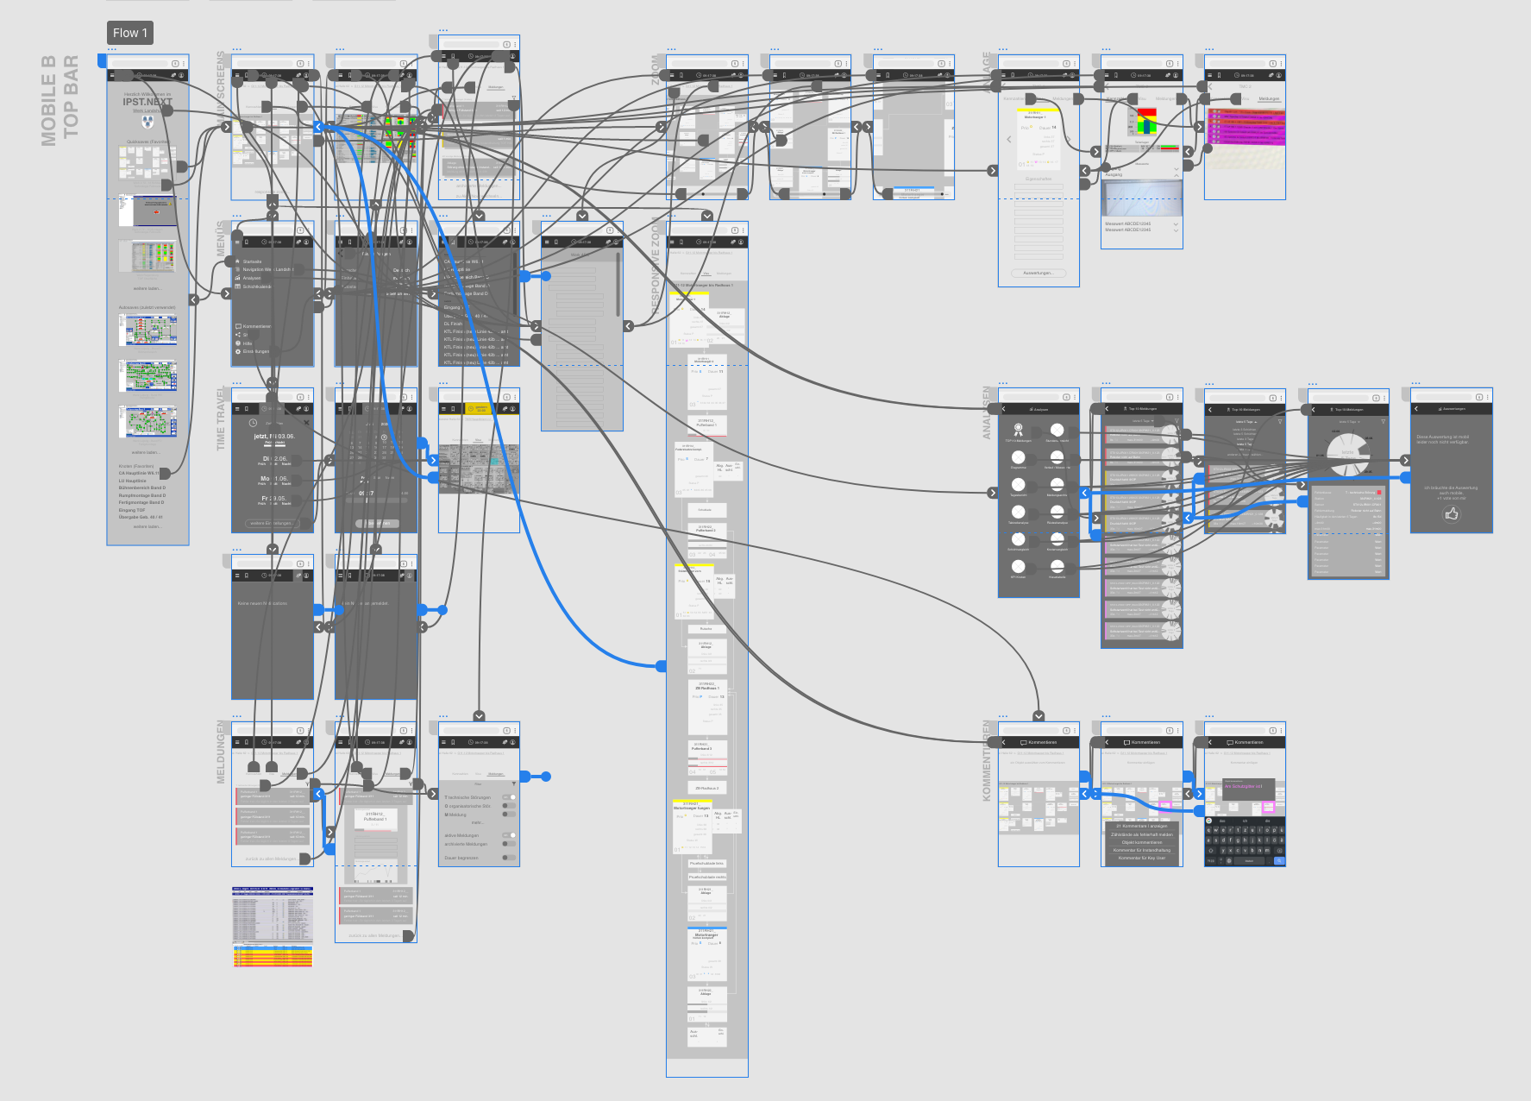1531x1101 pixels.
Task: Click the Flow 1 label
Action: point(130,33)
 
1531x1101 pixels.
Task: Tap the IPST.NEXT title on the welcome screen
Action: point(147,102)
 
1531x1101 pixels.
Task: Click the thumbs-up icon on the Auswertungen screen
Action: point(1452,513)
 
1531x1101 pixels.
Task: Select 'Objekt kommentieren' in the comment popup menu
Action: point(1141,842)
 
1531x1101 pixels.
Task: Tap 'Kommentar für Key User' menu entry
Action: point(1141,858)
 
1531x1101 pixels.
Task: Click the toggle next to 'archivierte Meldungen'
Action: point(509,844)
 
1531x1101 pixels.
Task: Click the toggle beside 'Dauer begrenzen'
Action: point(509,858)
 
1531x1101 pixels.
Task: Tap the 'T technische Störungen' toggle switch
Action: point(510,797)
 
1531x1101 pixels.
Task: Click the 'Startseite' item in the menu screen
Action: point(252,261)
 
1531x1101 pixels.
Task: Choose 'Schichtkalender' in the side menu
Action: point(256,286)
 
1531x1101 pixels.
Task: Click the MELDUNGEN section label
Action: point(221,752)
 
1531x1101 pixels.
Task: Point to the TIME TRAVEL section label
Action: point(221,418)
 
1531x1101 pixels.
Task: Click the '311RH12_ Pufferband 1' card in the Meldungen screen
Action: point(374,816)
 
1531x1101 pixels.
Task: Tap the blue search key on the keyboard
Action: point(1279,860)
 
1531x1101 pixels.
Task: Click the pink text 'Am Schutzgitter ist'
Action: point(1243,786)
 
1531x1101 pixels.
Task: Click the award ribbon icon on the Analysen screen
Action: point(1018,429)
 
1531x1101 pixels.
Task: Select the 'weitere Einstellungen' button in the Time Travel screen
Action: point(272,523)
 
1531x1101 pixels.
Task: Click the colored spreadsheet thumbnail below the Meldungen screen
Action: point(273,926)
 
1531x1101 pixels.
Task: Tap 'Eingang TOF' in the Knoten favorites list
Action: point(132,510)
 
